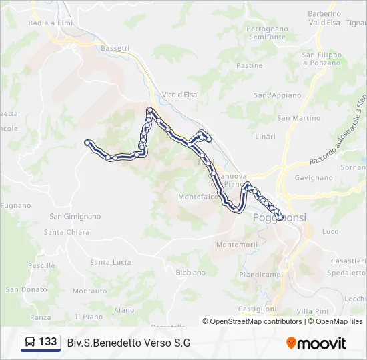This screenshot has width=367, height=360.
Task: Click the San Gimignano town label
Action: [75, 216]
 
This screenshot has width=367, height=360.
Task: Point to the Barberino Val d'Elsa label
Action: [324, 17]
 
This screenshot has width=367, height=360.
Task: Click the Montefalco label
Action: [196, 197]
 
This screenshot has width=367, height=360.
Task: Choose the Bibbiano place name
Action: [190, 273]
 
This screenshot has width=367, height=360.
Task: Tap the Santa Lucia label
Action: [111, 262]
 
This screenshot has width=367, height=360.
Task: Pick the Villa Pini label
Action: [312, 311]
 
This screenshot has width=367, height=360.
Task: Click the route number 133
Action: [48, 342]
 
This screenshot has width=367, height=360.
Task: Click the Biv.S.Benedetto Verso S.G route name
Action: [129, 343]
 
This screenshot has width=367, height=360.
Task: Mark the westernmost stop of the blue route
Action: [87, 141]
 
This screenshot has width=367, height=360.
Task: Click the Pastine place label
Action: [250, 66]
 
